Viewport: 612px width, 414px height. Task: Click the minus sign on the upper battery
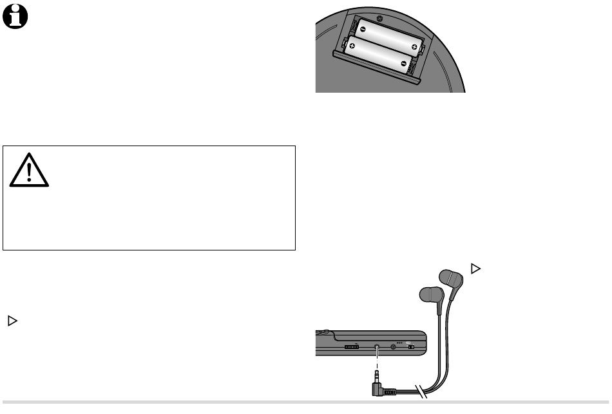(x=362, y=29)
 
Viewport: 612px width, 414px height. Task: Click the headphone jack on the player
(x=377, y=347)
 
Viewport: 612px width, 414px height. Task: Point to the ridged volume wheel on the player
(x=351, y=347)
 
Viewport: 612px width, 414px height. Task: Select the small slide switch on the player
(x=410, y=348)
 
